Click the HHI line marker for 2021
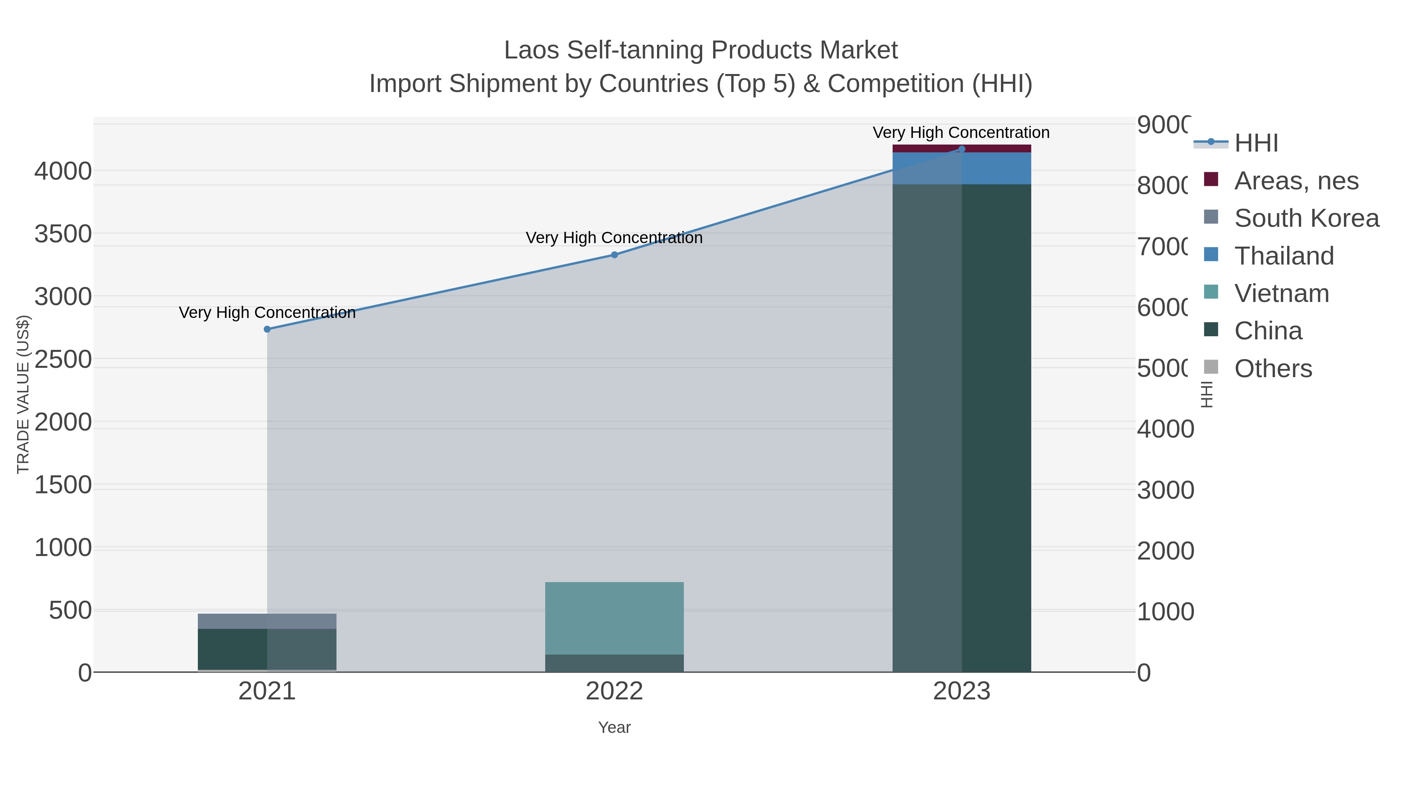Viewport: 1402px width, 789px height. [267, 329]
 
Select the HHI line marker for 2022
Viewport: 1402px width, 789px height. [615, 255]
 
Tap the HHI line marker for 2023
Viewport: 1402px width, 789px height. [962, 149]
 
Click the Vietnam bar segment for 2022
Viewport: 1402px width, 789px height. [615, 618]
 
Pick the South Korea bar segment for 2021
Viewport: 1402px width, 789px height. [267, 621]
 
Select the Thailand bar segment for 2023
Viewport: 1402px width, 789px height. [962, 169]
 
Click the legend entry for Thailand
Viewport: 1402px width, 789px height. [1283, 256]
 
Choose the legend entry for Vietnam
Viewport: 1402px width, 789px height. [1281, 293]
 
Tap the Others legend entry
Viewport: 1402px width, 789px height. [1272, 369]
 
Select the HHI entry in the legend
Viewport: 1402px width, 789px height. [1256, 143]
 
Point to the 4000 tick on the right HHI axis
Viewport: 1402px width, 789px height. [1165, 429]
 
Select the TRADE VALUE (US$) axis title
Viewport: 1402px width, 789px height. [23, 394]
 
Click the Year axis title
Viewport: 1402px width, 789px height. [615, 727]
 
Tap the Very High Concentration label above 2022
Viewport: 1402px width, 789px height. [615, 238]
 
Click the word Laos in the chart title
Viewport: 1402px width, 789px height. [532, 50]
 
